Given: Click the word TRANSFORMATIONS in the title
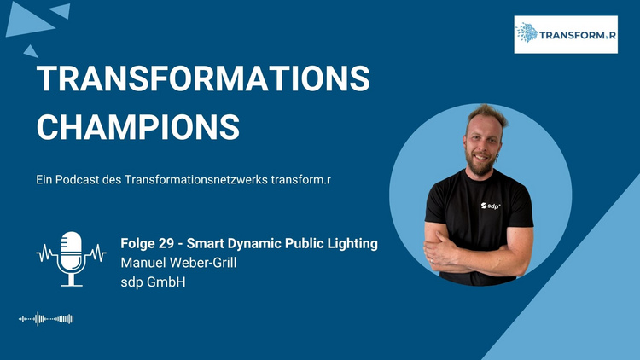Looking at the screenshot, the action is [x=203, y=78].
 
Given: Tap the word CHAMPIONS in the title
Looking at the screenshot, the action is [x=138, y=127].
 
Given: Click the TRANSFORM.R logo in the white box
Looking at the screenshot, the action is [x=566, y=35].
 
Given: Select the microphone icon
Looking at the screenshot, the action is [x=72, y=258].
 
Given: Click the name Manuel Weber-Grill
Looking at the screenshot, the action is [x=178, y=263].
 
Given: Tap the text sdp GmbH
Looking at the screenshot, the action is [x=153, y=282].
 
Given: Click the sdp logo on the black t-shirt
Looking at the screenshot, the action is [x=490, y=206].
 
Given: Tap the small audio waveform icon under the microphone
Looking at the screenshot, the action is [x=46, y=319].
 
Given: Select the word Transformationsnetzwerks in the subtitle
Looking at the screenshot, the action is [x=196, y=180].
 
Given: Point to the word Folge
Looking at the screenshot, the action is [x=137, y=244].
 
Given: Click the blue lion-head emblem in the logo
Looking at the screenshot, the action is [x=527, y=32].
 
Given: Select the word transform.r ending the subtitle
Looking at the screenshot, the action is [x=301, y=180].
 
